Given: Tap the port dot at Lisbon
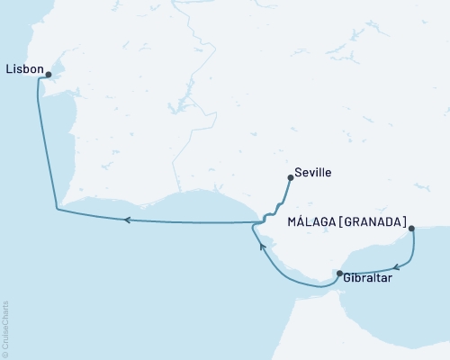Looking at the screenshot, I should [x=49, y=76].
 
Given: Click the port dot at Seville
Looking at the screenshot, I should [x=290, y=178].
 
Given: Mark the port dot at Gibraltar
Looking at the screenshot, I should [x=339, y=273].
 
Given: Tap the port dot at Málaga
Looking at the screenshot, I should [x=412, y=229].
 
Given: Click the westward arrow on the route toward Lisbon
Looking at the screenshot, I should [x=128, y=219].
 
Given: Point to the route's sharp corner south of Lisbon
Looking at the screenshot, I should [x=57, y=211].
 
